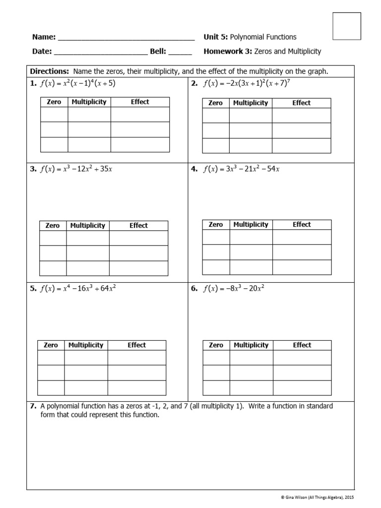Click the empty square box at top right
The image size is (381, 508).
click(x=346, y=26)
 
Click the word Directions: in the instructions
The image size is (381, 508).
click(x=49, y=71)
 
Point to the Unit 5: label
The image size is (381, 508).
click(x=215, y=37)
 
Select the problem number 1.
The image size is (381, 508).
click(x=33, y=84)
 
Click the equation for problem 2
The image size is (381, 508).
click(x=247, y=83)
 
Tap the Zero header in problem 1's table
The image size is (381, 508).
click(x=54, y=102)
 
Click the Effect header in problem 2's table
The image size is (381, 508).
click(x=301, y=103)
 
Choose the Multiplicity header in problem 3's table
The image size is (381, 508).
click(x=88, y=226)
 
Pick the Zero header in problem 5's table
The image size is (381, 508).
click(x=51, y=345)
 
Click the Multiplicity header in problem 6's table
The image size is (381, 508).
click(x=251, y=345)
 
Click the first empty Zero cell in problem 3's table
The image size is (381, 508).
click(x=53, y=238)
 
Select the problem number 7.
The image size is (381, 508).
click(x=33, y=406)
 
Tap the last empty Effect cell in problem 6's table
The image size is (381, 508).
click(x=302, y=387)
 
